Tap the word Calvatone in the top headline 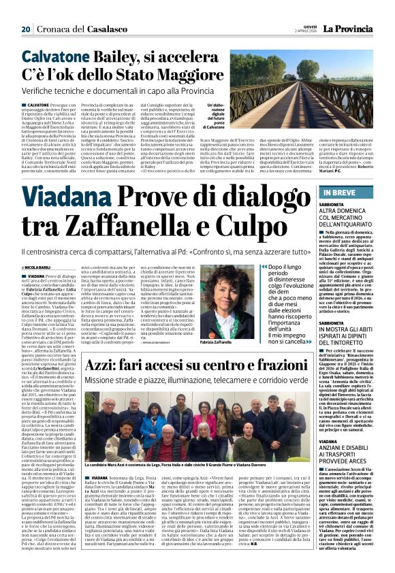point(53,59)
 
